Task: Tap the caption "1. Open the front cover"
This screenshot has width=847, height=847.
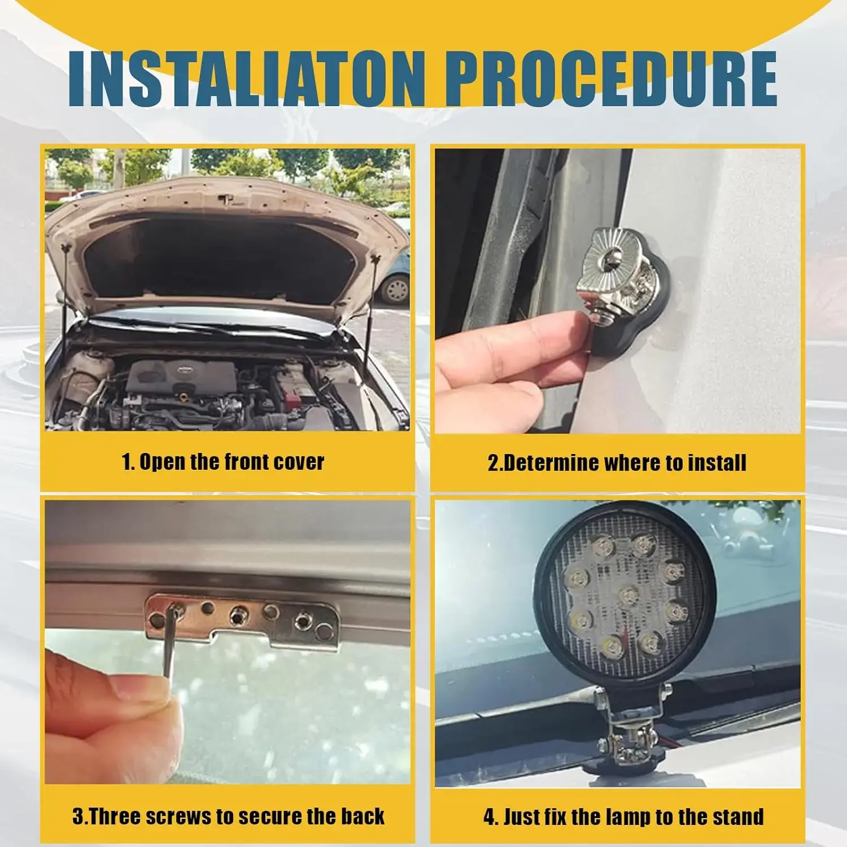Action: coord(223,462)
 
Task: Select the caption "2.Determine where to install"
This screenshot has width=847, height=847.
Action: coord(617,463)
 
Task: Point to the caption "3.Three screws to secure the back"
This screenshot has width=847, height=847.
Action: coord(229,817)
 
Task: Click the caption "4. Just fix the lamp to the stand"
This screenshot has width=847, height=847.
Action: coord(624,817)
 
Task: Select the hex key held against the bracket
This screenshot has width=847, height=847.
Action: coord(169,649)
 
